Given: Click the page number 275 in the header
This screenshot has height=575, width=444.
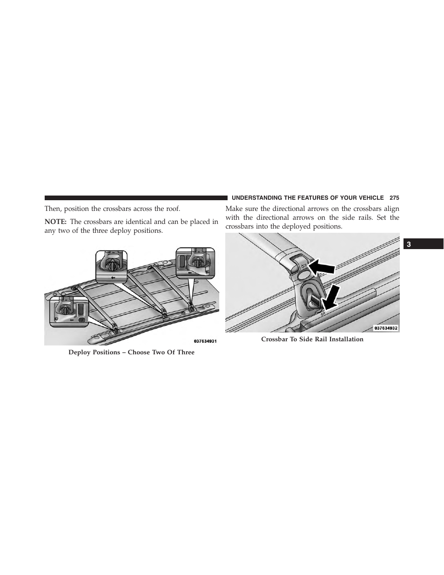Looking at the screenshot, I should (394, 198).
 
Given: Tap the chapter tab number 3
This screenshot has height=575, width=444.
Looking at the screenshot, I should (409, 244).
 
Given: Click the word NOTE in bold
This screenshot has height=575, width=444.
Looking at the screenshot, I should (55, 222).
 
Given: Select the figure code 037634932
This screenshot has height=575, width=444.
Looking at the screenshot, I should (385, 328).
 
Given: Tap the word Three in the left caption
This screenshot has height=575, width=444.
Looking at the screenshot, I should (185, 352).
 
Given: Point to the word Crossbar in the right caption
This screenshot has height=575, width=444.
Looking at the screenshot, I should (275, 339).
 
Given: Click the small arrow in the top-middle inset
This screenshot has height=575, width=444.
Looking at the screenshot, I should (113, 277).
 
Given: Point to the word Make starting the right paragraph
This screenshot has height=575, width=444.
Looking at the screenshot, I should (235, 209).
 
